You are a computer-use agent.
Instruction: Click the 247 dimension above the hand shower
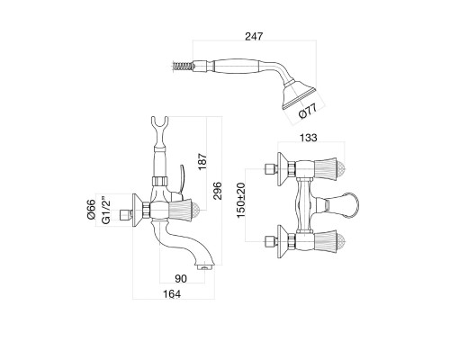(254, 36)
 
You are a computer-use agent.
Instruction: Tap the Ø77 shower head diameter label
(308, 112)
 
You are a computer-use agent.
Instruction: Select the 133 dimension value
(308, 138)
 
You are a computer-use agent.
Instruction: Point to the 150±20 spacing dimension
(241, 200)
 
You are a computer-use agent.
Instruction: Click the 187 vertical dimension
(202, 161)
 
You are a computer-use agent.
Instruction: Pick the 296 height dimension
(217, 191)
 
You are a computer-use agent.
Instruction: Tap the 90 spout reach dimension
(181, 279)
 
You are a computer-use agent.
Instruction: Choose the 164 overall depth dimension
(172, 294)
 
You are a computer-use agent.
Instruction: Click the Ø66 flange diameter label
(91, 209)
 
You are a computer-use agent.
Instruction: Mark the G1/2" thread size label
(105, 211)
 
